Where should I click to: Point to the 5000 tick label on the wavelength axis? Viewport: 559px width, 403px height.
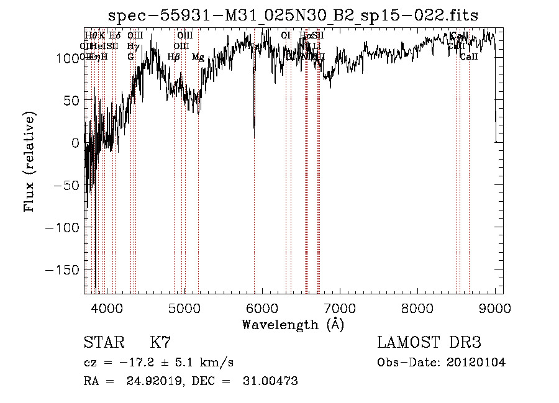click(184, 307)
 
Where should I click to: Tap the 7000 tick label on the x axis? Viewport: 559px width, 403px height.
click(340, 307)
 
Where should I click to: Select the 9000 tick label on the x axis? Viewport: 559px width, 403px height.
click(495, 307)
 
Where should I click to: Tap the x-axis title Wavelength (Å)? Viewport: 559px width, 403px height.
click(293, 324)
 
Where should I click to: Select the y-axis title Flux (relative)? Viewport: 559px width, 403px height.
click(29, 162)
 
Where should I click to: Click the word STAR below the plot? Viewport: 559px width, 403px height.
click(104, 343)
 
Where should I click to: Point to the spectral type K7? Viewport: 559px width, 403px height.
click(160, 343)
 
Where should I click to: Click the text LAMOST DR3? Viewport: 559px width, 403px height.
click(429, 343)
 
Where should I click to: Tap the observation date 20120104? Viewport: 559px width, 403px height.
click(477, 363)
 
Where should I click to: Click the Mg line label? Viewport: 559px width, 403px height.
click(198, 57)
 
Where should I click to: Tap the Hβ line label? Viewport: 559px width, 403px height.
click(174, 57)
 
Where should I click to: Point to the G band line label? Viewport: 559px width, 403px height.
click(130, 57)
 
